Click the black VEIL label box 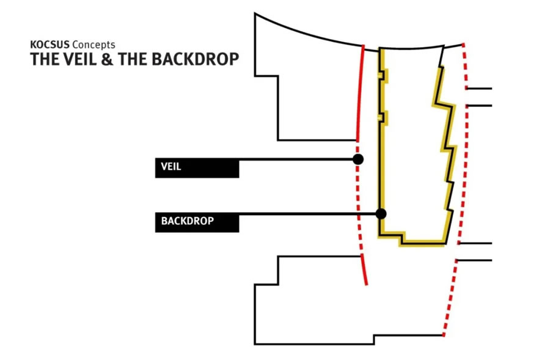click(x=197, y=167)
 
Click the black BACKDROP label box click(x=197, y=221)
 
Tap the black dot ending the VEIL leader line click(x=359, y=159)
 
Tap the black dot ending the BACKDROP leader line click(x=381, y=213)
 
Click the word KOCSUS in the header click(x=50, y=45)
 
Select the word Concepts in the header click(x=93, y=45)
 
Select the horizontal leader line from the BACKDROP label click(x=305, y=214)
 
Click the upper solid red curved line click(x=360, y=92)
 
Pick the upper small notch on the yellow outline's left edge click(x=384, y=75)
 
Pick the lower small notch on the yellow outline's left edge click(x=384, y=117)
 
